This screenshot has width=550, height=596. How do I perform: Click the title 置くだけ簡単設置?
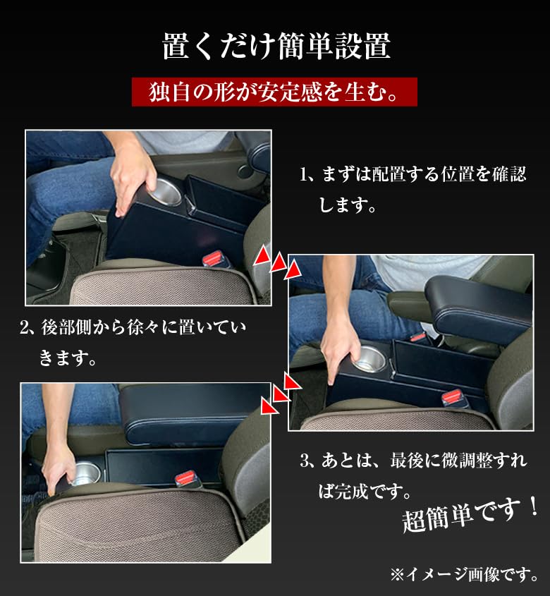275,46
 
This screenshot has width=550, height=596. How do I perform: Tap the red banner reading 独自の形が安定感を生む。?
274,92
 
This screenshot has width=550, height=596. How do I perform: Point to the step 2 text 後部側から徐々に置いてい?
134,328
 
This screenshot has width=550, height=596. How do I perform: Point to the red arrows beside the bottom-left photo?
279,394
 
